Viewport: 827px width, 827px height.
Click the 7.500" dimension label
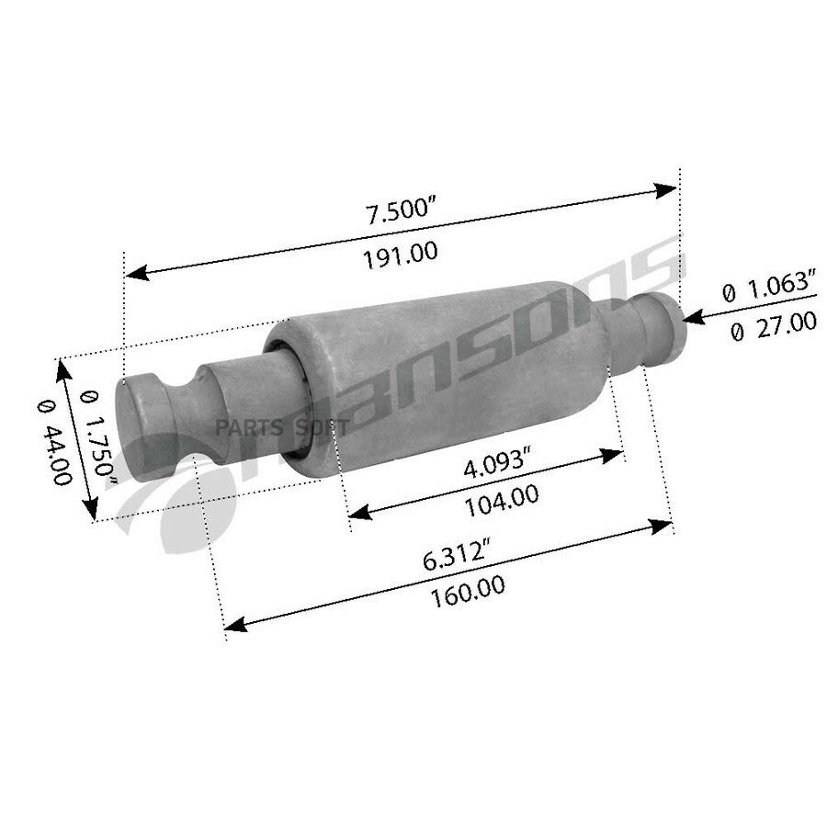pyautogui.click(x=401, y=208)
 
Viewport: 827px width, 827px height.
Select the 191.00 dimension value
pyautogui.click(x=401, y=255)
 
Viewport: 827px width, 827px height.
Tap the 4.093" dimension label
pyautogui.click(x=496, y=462)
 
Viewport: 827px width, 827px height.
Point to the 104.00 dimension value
pyautogui.click(x=502, y=502)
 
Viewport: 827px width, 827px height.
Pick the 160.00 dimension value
pyautogui.click(x=468, y=594)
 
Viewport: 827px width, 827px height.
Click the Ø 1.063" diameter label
pyautogui.click(x=768, y=288)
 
